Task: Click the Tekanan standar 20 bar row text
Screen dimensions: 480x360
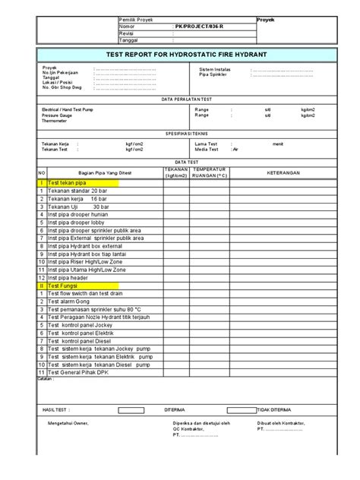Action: pos(74,192)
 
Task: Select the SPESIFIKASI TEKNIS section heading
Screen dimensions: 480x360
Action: pos(180,132)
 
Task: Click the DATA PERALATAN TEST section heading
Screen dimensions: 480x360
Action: pos(180,99)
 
